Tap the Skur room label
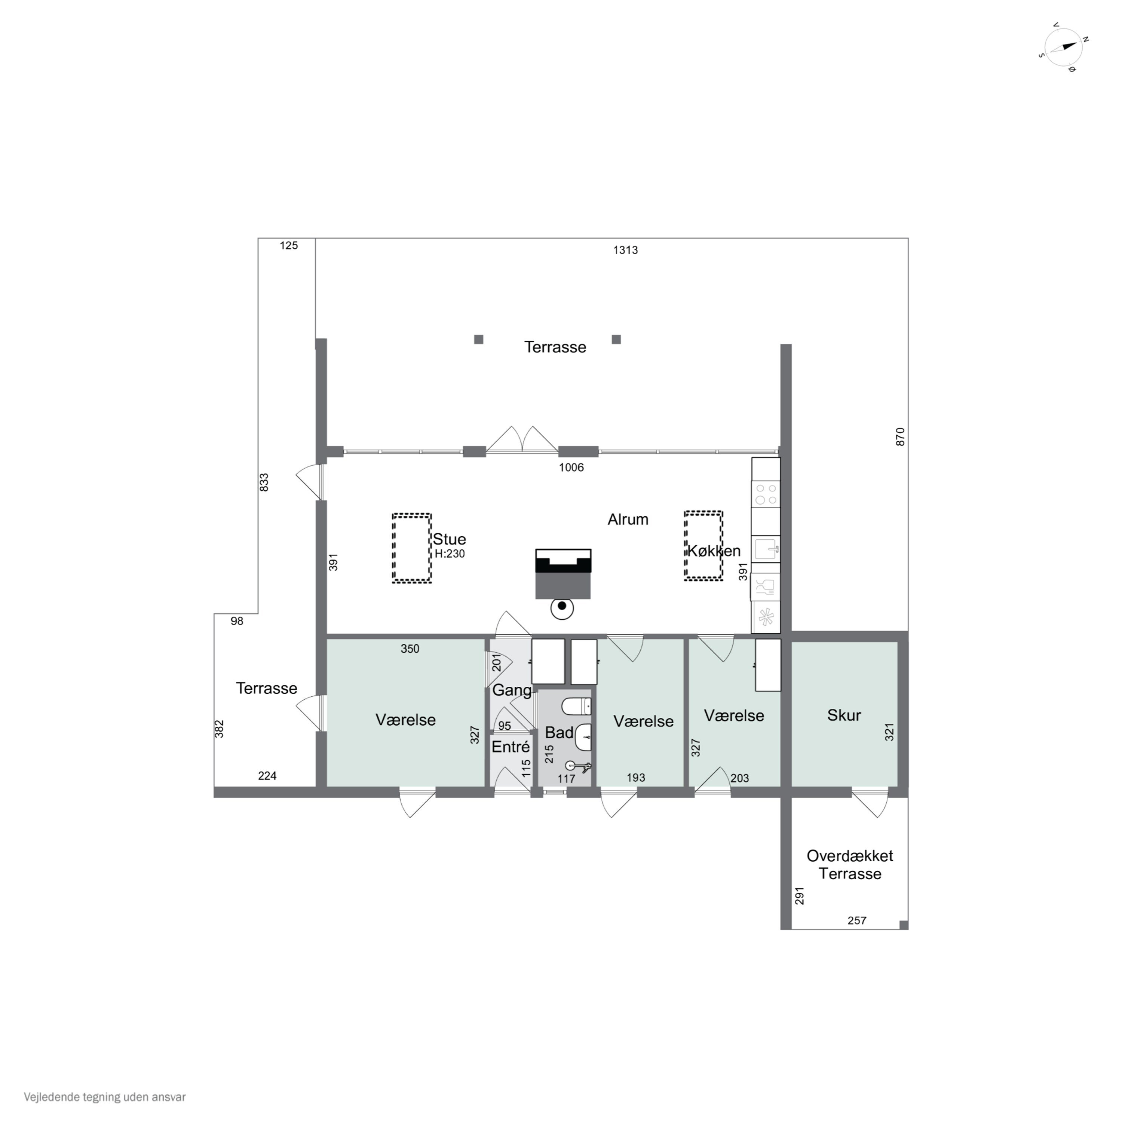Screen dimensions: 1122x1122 844,715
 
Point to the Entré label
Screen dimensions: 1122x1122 511,747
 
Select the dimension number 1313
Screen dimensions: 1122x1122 625,250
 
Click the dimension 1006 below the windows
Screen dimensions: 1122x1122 571,467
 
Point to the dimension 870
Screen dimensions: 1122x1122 900,437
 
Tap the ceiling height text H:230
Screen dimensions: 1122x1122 450,554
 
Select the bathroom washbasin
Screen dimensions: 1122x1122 583,738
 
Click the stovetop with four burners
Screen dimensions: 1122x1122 766,494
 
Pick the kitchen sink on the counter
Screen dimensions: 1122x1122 766,549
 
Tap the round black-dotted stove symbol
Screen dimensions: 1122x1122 562,608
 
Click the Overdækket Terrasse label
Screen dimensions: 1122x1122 850,865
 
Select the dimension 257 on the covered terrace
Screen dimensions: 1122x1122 857,920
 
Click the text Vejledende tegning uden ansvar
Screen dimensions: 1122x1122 105,1097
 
